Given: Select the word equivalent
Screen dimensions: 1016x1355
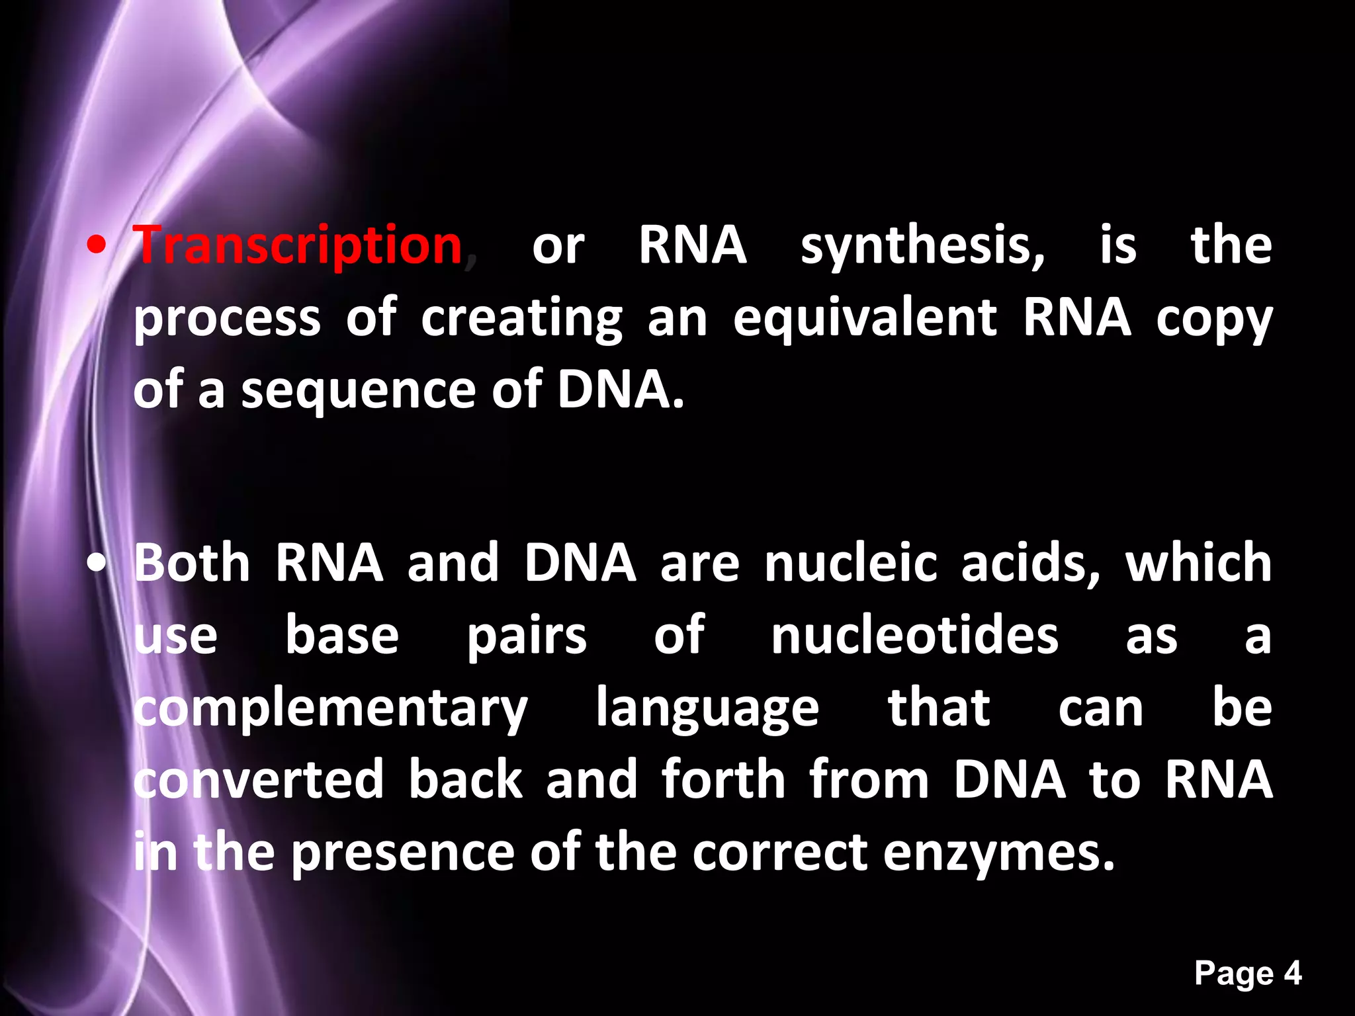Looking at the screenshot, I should [x=864, y=318].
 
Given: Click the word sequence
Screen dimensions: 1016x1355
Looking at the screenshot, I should [x=358, y=391].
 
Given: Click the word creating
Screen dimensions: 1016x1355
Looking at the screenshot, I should [x=521, y=318].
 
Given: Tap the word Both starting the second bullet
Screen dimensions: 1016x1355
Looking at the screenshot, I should [x=192, y=564].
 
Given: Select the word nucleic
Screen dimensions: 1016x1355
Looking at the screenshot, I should [x=851, y=564].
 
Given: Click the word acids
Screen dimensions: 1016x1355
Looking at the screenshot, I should [x=1029, y=564].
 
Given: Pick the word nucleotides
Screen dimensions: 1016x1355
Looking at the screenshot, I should [x=914, y=636].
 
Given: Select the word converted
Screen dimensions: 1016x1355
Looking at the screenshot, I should [x=259, y=780].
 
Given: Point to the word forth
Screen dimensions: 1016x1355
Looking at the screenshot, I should [x=723, y=780].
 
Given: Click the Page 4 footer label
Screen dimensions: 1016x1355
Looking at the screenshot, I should [x=1248, y=974].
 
